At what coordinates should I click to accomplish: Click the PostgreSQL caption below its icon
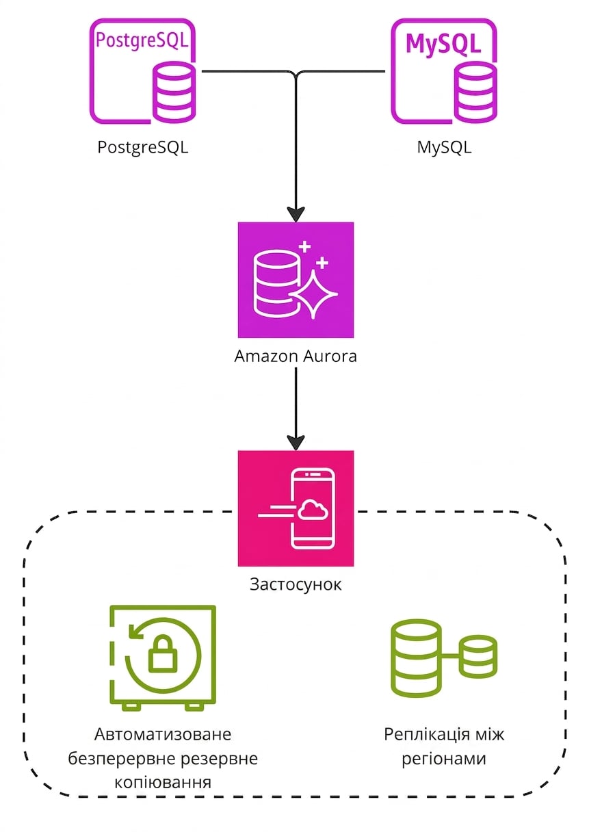142,148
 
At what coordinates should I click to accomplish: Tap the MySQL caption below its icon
444,148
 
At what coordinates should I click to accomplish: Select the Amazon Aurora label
296,356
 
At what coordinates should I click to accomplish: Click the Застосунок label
296,584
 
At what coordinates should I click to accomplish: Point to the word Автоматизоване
163,734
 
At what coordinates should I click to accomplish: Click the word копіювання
163,782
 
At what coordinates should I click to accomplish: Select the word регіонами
444,759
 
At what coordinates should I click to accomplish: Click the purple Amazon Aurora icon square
296,280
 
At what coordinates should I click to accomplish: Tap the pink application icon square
296,508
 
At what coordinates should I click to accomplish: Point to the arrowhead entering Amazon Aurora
296,214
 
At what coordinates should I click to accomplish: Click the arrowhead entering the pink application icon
296,443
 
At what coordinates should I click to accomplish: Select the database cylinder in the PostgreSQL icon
174,92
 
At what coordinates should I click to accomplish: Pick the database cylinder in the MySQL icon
475,92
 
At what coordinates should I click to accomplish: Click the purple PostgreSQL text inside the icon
142,40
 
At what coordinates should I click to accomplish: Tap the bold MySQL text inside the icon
443,44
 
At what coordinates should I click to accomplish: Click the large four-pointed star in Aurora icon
313,294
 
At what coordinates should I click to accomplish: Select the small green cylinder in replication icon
477,657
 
